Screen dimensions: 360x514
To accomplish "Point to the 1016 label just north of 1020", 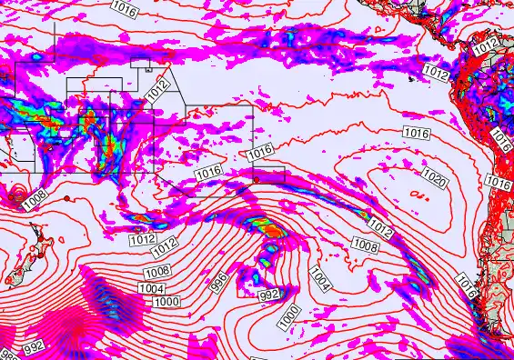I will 415,133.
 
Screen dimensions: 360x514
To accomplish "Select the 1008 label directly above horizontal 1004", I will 156,271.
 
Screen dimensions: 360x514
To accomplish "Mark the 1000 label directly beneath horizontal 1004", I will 166,302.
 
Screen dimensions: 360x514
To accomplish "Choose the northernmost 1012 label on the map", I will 488,43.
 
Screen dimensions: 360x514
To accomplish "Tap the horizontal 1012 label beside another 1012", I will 141,240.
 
